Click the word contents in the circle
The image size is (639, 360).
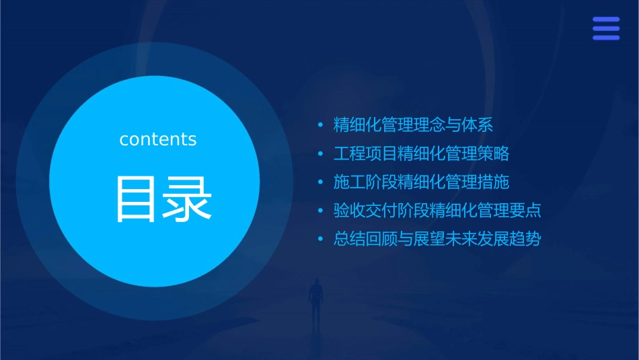tap(157, 139)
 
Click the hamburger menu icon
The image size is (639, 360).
tap(605, 28)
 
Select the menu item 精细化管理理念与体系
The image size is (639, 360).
tap(414, 125)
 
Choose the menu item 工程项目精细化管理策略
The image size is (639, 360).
tap(421, 153)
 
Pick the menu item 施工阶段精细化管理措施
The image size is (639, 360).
tap(421, 182)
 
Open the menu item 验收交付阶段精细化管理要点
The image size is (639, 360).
tap(437, 211)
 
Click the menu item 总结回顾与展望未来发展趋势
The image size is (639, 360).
tap(437, 239)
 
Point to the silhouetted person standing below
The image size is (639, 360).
tap(315, 299)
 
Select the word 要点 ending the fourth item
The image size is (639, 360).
tap(525, 211)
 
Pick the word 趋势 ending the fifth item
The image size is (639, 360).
tap(525, 239)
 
